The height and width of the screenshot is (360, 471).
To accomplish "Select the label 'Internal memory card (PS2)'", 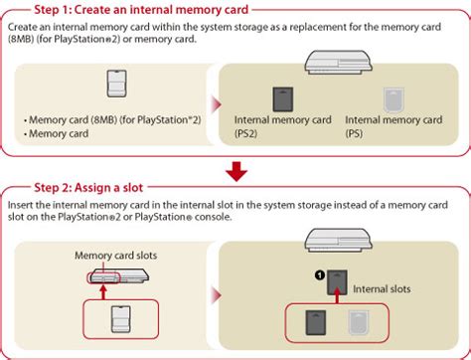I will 282,124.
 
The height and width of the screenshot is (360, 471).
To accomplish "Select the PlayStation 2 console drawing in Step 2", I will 112,278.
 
